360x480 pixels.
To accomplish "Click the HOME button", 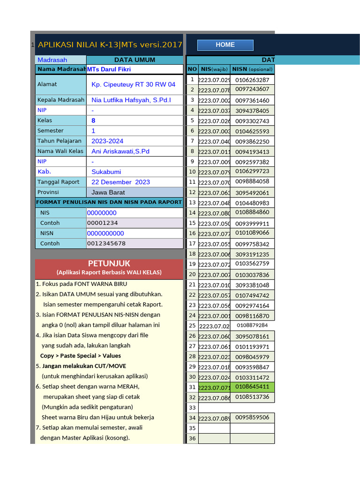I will coord(225,45).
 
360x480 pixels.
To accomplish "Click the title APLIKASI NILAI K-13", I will coord(110,45).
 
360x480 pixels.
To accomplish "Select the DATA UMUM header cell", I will coord(135,60).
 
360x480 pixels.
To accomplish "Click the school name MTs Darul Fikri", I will coord(109,69).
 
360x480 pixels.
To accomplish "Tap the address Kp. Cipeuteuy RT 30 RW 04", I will coord(134,84).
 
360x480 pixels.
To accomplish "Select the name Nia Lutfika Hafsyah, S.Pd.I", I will coord(131,100).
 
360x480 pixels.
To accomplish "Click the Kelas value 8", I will coord(94,120).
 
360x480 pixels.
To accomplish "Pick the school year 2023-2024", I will coord(107,141).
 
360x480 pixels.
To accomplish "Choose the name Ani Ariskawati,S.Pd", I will coord(120,151).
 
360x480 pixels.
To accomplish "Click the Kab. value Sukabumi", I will coord(106,172).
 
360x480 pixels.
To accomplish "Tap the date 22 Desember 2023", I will coord(121,182).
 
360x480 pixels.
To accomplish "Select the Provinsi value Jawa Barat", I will coord(108,192).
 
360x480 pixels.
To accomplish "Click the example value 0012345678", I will coord(106,243).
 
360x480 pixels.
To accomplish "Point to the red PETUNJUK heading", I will coord(109,264).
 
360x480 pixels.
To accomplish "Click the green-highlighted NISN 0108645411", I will coord(252,387).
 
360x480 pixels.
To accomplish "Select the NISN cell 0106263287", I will coord(252,80).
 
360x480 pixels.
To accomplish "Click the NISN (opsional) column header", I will coord(252,69).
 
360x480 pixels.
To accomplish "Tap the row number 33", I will coord(192,408).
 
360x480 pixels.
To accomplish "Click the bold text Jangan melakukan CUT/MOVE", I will coord(84,366).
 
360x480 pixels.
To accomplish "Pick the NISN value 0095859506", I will coord(252,417).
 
